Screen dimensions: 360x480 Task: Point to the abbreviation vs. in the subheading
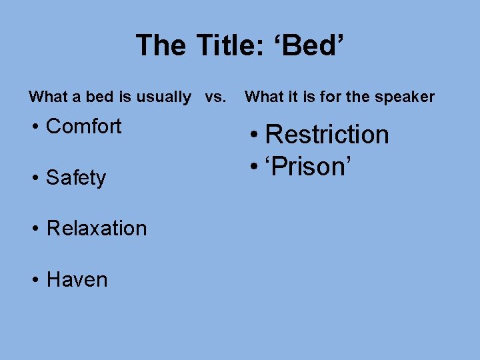tap(215, 97)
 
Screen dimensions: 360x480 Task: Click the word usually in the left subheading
tap(163, 97)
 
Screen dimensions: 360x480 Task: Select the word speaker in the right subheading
tap(404, 97)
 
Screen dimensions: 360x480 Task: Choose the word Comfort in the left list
tap(84, 126)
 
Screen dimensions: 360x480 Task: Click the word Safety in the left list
tap(76, 178)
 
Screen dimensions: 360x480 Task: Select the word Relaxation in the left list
tap(97, 229)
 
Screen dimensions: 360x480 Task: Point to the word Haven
tap(77, 279)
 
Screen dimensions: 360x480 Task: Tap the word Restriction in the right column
tap(327, 135)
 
